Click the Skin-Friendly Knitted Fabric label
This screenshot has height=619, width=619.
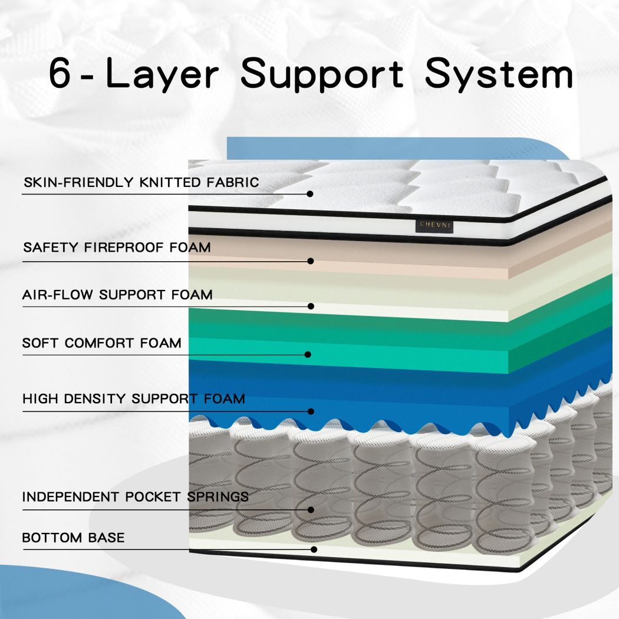[x=141, y=182]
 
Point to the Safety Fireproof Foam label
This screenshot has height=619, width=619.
[x=117, y=247]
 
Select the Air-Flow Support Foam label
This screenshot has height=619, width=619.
[x=117, y=294]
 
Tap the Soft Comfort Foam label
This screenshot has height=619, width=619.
[x=102, y=343]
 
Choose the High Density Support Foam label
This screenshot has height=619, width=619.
[x=134, y=399]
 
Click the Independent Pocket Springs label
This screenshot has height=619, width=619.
[x=136, y=496]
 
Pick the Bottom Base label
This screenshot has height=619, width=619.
[x=74, y=538]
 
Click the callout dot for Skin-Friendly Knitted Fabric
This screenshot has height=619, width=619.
[x=310, y=193]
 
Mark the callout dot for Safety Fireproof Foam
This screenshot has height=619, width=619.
[x=311, y=261]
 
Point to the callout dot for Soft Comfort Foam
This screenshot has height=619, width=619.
[x=308, y=354]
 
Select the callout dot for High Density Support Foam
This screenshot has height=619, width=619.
[x=311, y=411]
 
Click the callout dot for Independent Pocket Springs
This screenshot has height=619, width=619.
[x=311, y=510]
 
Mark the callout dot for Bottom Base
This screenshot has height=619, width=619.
[x=314, y=549]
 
